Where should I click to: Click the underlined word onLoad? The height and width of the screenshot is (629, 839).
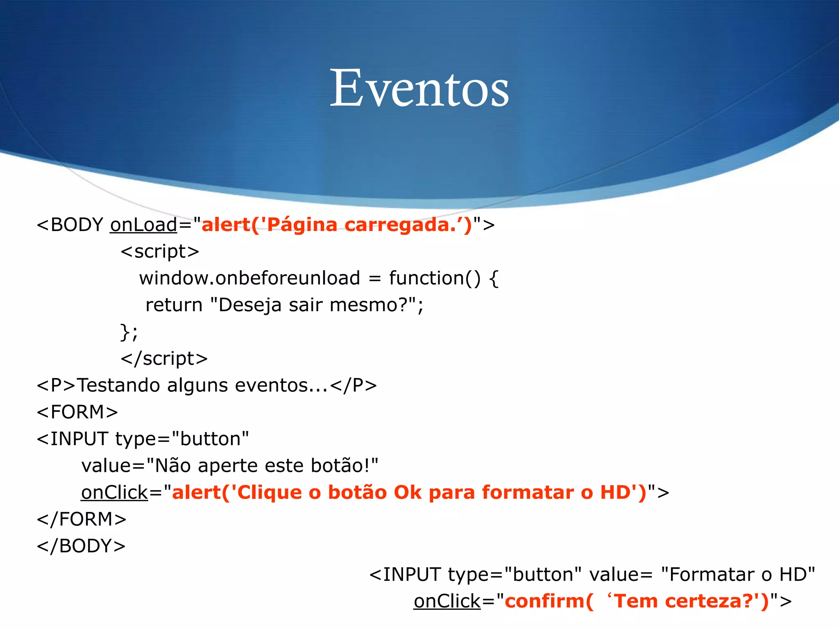point(143,225)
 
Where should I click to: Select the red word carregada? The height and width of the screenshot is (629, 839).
point(397,225)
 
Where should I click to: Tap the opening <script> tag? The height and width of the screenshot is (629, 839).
point(160,251)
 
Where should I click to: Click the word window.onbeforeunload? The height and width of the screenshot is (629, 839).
point(249,278)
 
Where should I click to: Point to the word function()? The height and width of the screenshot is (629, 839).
point(434,278)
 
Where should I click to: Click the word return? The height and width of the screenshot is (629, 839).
point(174,305)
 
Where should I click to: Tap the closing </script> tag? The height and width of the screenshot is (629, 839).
point(164,359)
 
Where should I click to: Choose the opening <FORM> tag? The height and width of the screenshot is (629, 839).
point(77,412)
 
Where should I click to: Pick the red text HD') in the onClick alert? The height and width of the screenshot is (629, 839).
point(623,493)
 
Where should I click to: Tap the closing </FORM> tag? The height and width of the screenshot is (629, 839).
point(82,519)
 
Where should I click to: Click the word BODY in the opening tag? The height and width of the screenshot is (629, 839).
point(77,225)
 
